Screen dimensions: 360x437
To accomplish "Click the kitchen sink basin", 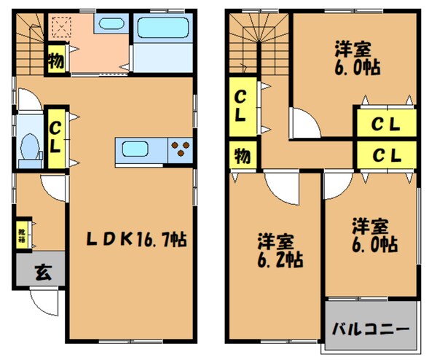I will coord(138,150).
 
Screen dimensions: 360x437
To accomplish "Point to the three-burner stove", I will coord(179,150).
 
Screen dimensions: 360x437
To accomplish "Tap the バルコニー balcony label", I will coord(369,327).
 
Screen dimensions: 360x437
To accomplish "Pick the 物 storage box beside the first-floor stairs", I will coord(56,60).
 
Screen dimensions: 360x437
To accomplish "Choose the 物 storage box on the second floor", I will coord(240,155).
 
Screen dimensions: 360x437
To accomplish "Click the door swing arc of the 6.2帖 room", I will coord(281,191).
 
